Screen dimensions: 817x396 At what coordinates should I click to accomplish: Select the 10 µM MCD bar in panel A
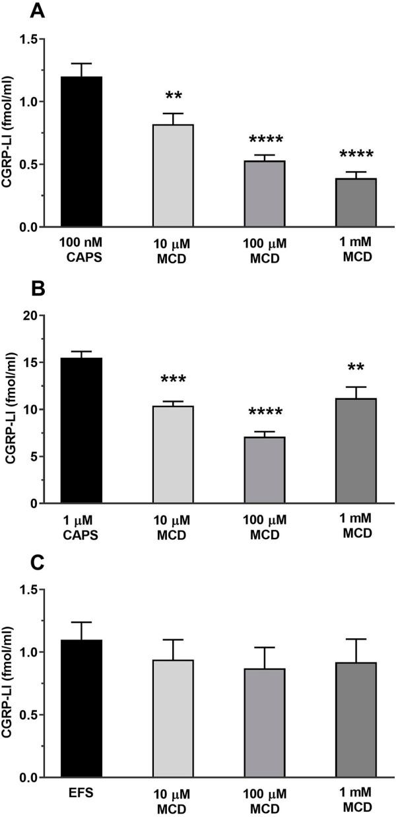(x=173, y=176)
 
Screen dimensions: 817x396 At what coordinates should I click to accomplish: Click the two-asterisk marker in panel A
(x=173, y=98)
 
